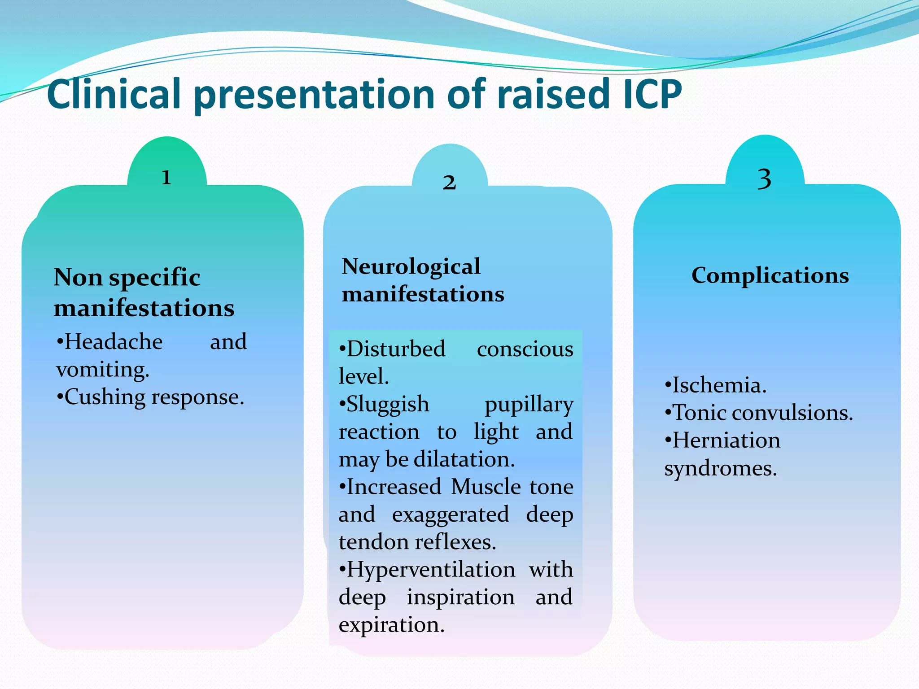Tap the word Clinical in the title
(114, 94)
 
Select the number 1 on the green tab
(166, 178)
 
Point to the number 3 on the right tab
(764, 179)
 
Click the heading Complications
(770, 275)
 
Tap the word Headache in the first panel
(114, 342)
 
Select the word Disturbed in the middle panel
(396, 349)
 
